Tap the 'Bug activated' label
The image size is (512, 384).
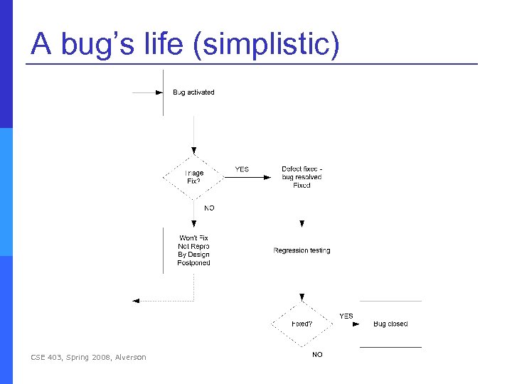[193, 92]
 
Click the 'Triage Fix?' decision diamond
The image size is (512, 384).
[194, 177]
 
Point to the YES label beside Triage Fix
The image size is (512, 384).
[242, 169]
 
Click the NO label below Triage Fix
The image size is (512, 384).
[209, 208]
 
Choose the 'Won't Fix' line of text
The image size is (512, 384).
[194, 238]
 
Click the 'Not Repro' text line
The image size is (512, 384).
[194, 246]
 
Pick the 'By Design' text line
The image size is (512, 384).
[194, 255]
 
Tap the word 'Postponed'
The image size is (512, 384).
[194, 263]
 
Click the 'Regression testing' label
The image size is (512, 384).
[302, 250]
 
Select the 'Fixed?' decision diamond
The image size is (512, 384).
[302, 324]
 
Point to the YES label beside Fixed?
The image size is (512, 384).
[346, 316]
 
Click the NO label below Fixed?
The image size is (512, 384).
[317, 354]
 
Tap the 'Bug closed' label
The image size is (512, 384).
[390, 324]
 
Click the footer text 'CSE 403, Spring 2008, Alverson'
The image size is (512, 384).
[89, 357]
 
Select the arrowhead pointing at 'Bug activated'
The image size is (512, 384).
[159, 92]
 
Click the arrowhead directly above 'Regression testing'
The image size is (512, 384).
[302, 224]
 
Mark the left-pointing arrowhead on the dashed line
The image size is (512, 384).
[137, 301]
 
